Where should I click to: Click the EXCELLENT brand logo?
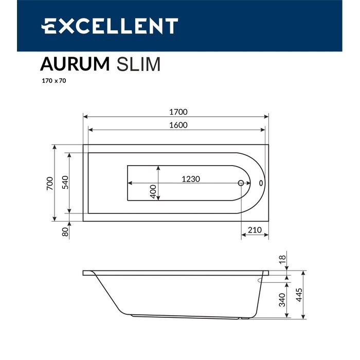coord(110,26)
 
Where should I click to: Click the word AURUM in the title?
coord(75,64)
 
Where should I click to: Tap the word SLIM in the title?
coord(139,64)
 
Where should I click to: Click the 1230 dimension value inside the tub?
coord(191,179)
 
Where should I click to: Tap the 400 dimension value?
coord(153,192)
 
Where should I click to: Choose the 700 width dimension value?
coord(49,184)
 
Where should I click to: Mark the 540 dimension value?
coord(65,183)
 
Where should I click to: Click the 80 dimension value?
coord(65,232)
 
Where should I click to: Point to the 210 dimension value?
coord(255,229)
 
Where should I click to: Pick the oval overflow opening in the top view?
coord(261,183)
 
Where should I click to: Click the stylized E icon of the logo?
coord(51,26)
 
